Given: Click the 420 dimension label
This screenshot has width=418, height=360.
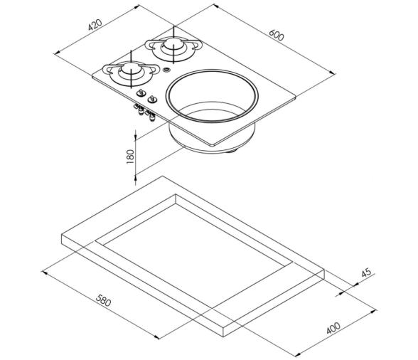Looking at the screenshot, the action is pyautogui.click(x=95, y=25).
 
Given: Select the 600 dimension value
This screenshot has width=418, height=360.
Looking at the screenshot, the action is pyautogui.click(x=277, y=35).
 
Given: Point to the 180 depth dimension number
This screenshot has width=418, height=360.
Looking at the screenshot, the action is pyautogui.click(x=130, y=157).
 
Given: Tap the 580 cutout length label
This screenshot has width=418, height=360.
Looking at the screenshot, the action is pyautogui.click(x=103, y=300).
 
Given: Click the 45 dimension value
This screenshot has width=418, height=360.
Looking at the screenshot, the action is pyautogui.click(x=366, y=272).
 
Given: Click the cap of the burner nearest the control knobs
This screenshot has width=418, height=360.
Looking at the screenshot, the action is pyautogui.click(x=131, y=68).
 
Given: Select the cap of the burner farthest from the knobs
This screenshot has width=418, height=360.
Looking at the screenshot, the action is pyautogui.click(x=173, y=43).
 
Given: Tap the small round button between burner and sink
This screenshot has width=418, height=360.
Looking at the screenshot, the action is pyautogui.click(x=166, y=70).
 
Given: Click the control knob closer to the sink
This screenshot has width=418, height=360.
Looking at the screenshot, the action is pyautogui.click(x=152, y=99).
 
